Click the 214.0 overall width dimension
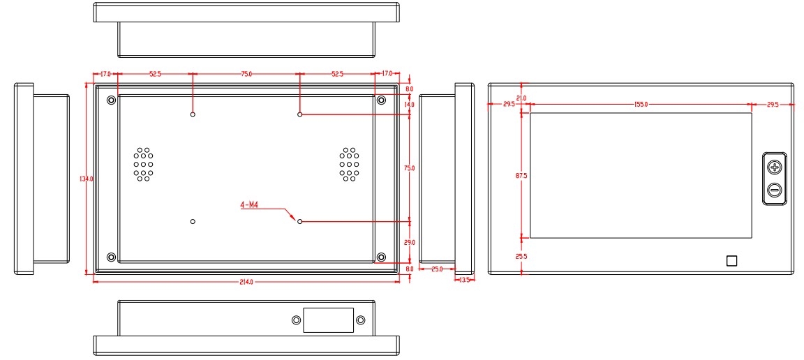pos(246,282)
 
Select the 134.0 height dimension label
pos(87,179)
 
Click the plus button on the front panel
pos(774,167)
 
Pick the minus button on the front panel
pos(774,190)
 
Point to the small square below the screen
pos(731,261)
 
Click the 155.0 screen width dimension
pos(641,105)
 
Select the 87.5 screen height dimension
pos(521,176)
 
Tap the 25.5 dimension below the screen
pos(521,257)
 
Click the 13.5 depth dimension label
pos(465,280)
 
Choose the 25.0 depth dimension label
pos(438,269)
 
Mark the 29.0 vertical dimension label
pos(409,242)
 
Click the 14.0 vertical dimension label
pos(409,105)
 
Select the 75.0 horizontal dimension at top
pos(246,73)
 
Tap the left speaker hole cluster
pos(144,165)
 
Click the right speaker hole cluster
pos(349,165)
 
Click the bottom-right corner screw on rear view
pos(381,257)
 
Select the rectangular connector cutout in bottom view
pos(328,320)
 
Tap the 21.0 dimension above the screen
pos(521,98)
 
